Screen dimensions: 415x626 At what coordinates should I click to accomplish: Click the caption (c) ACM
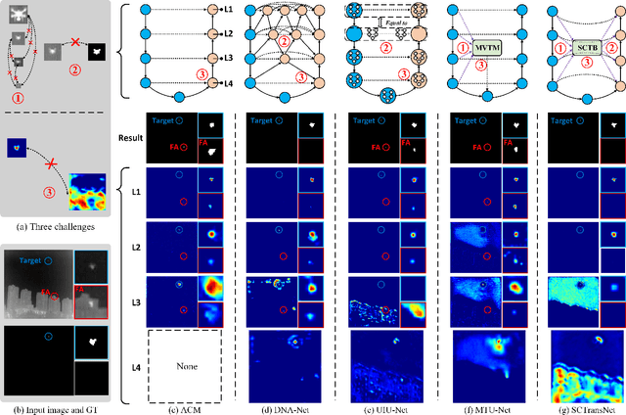point(184,406)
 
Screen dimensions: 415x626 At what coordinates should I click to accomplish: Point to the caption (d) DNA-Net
point(284,406)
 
